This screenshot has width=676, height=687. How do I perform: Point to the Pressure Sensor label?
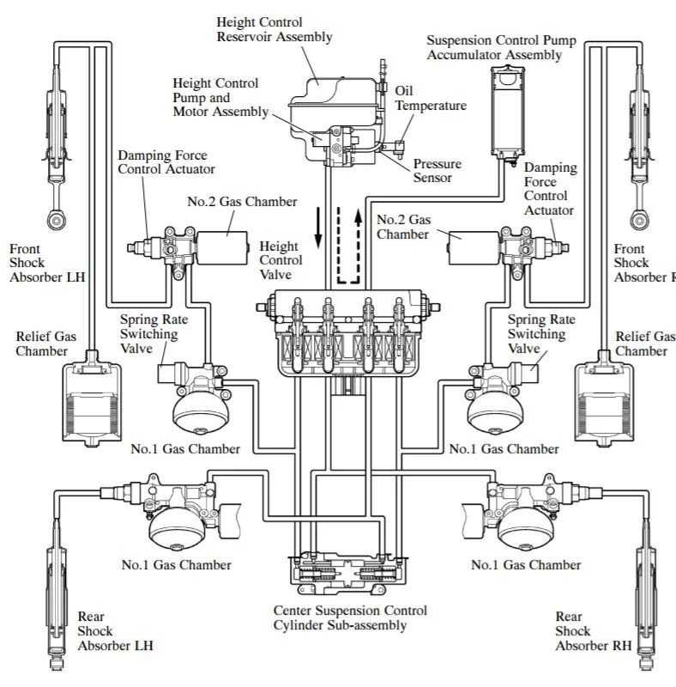point(437,171)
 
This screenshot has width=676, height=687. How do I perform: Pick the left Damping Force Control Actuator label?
point(166,162)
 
